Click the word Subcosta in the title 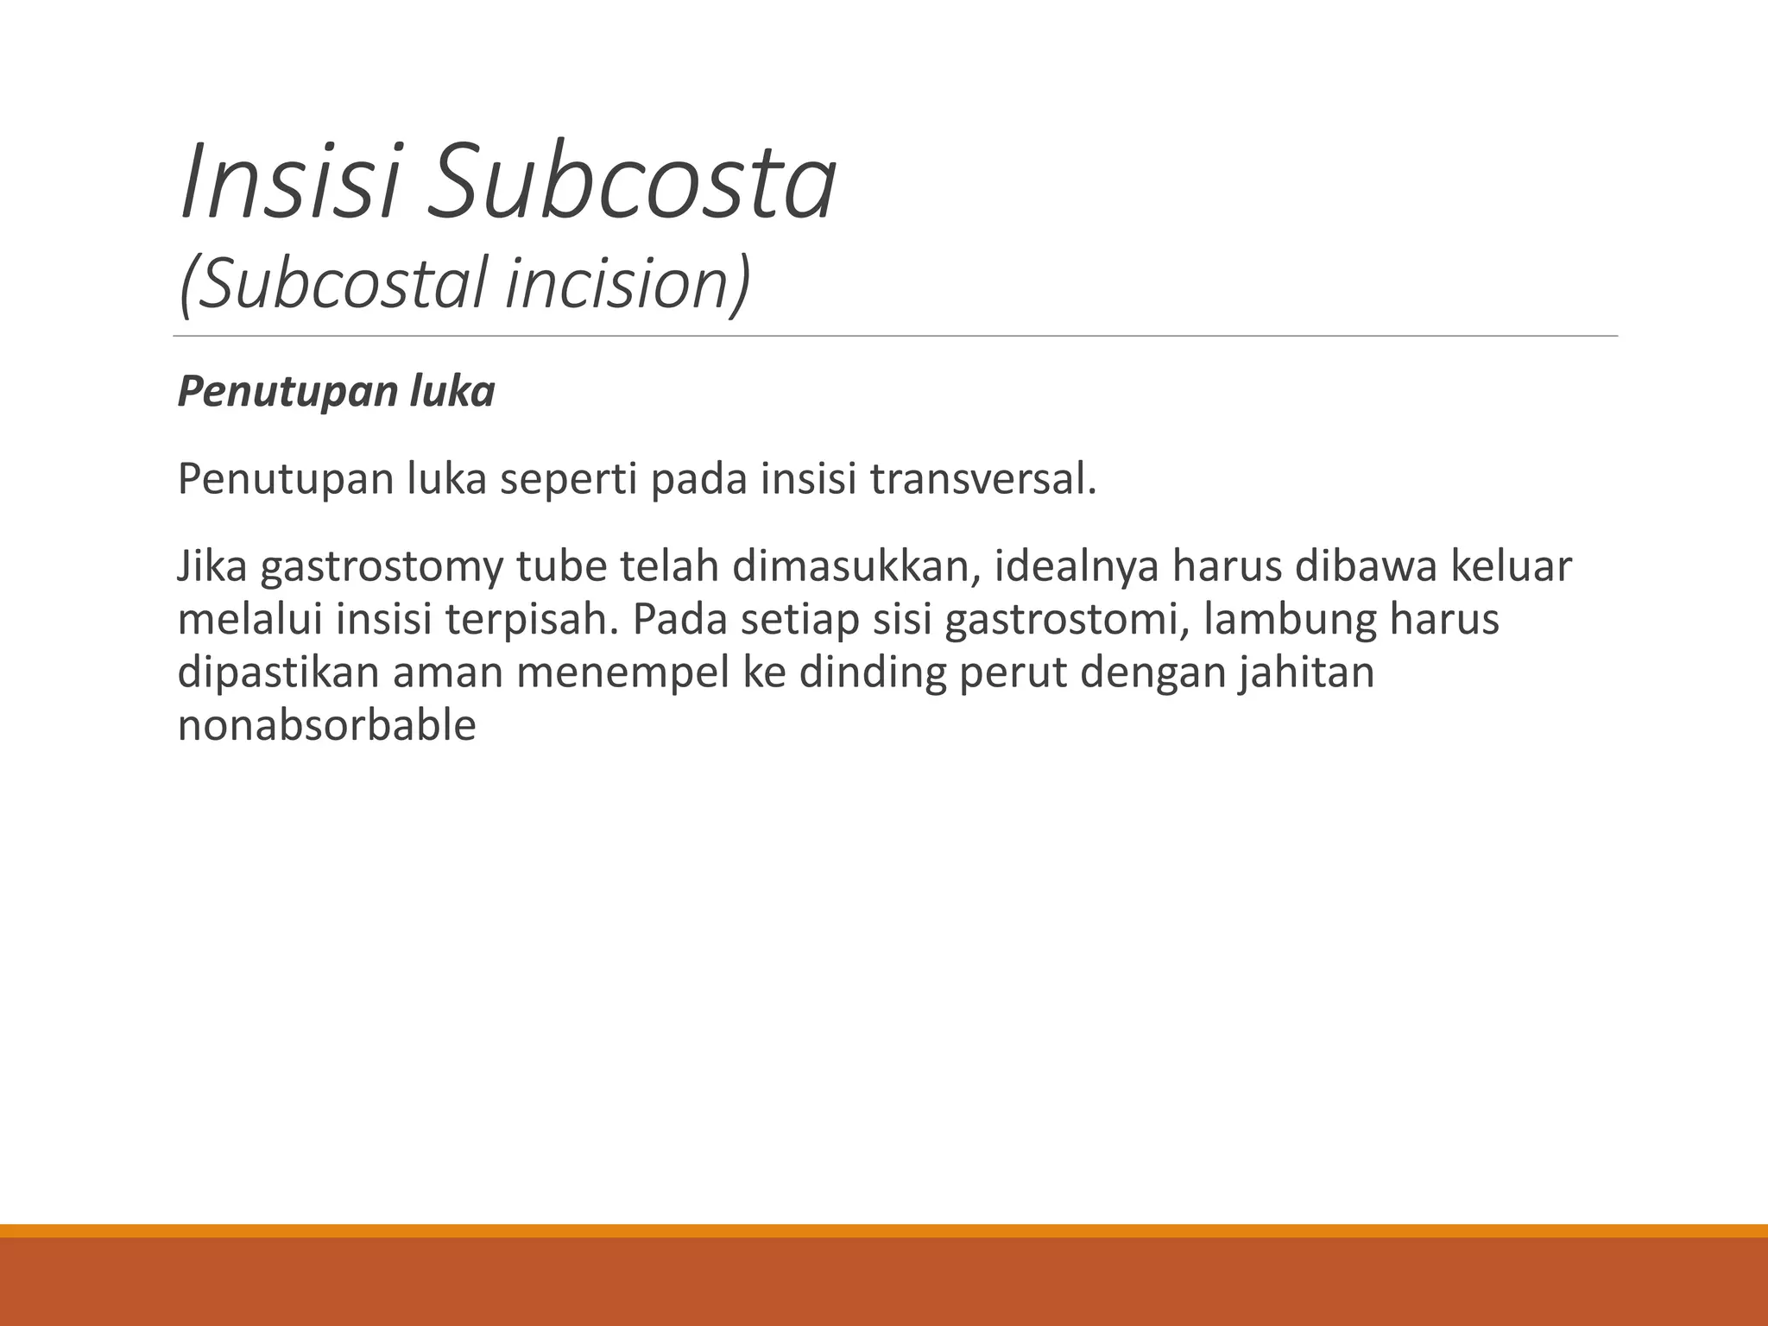pos(631,182)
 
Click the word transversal pos(983,479)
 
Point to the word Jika pos(212,566)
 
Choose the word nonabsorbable pos(326,726)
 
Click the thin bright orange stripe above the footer pos(884,1230)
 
